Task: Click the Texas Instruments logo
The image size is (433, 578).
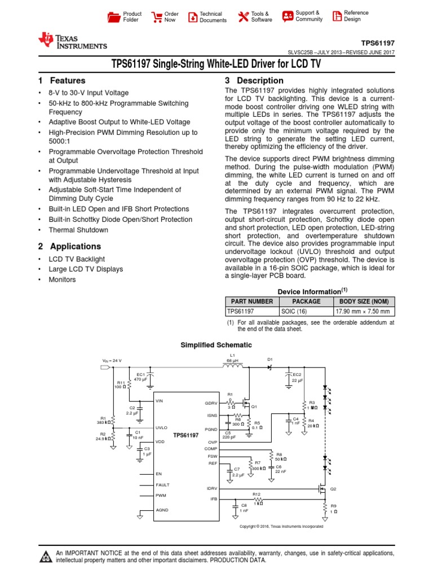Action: tap(72, 41)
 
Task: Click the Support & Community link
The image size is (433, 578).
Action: tap(302, 16)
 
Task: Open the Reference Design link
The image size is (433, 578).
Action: tap(350, 16)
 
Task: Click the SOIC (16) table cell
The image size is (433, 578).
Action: tap(293, 311)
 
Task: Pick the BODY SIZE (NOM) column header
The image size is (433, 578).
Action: tap(364, 301)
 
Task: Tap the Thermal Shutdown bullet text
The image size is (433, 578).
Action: tap(78, 230)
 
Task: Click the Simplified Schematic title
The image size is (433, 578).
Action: tap(216, 345)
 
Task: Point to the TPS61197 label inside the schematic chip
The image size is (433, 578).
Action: tap(185, 435)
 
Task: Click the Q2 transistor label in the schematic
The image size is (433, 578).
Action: tap(333, 489)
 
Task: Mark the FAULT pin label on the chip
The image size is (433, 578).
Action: tap(162, 485)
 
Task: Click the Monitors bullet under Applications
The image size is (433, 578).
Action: tap(62, 280)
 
